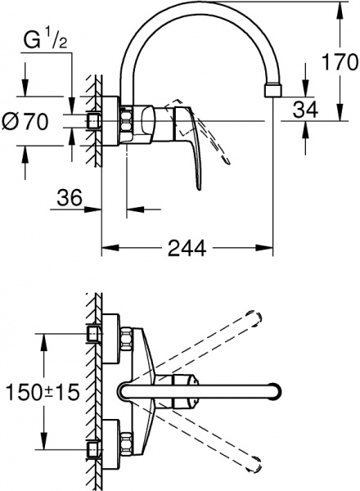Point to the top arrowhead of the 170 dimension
click(x=339, y=7)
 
